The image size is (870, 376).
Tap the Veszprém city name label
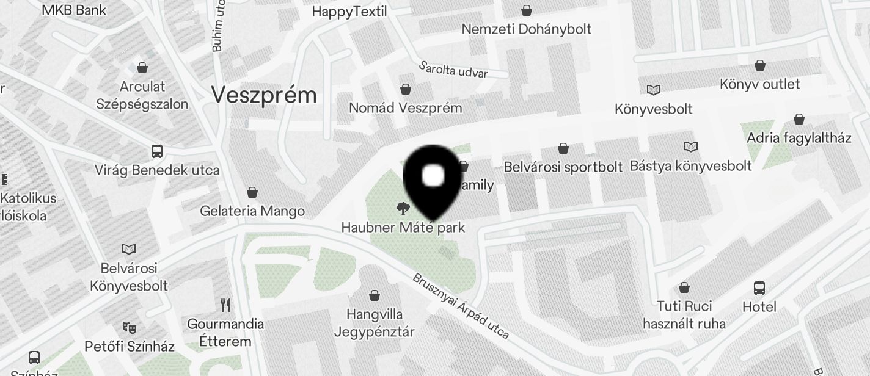(264, 95)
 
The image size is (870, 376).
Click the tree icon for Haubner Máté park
(402, 209)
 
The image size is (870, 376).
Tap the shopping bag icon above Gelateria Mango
(252, 193)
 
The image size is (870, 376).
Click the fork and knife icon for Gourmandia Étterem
(225, 305)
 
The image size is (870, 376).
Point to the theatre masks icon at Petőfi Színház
(129, 328)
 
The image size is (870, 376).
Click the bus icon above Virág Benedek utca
(156, 151)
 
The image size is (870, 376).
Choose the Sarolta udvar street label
(453, 70)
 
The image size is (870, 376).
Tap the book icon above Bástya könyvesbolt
(691, 147)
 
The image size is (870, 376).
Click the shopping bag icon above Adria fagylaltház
(799, 119)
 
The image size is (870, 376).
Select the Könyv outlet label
(759, 84)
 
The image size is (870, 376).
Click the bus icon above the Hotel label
(759, 287)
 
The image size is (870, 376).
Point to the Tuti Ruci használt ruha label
(684, 314)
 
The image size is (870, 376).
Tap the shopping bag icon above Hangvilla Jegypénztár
(375, 296)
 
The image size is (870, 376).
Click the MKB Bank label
(74, 10)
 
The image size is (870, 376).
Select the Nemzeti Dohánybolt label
(526, 29)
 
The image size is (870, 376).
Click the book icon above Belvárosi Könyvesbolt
(129, 249)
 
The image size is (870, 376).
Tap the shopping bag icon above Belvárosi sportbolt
(563, 148)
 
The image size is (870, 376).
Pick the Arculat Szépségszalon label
(142, 95)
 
